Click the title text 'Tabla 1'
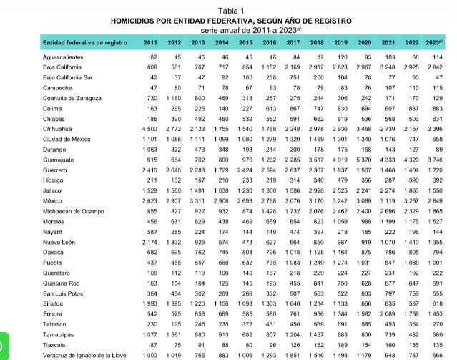(230, 11)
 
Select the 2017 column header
(293, 43)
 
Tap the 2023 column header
(433, 43)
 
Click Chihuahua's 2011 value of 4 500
(150, 129)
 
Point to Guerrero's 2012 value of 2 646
(174, 170)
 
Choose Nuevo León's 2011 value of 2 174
(150, 243)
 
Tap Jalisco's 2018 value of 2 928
(316, 191)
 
